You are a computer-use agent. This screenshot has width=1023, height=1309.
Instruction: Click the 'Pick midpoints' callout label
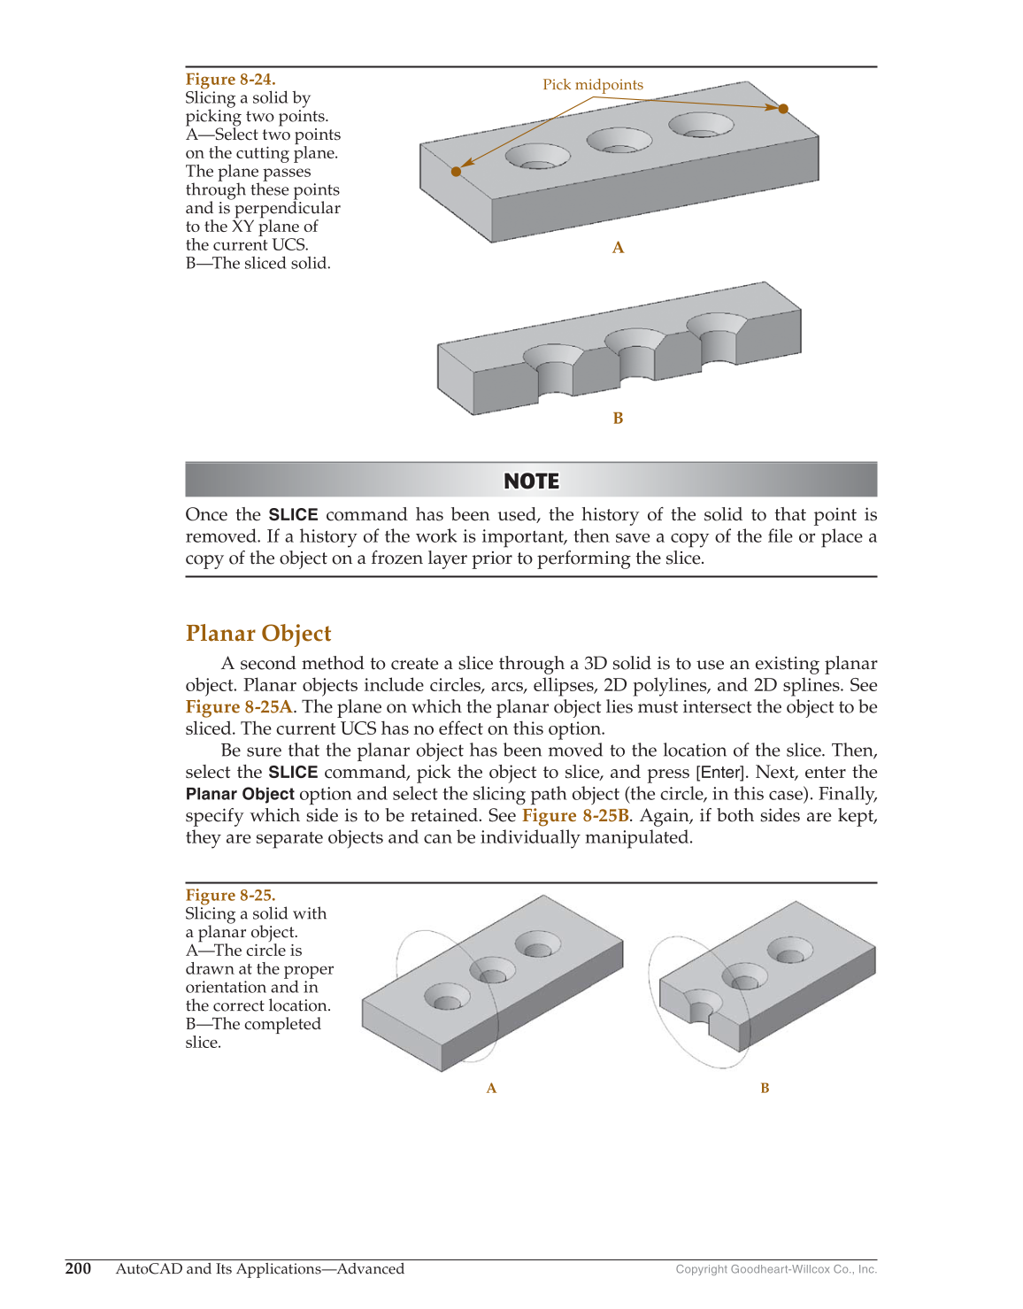[592, 85]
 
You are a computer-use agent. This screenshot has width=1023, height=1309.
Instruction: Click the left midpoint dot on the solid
[456, 172]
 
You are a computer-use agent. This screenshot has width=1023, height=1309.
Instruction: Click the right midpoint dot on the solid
[783, 109]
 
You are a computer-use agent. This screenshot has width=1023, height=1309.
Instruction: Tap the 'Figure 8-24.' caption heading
[230, 80]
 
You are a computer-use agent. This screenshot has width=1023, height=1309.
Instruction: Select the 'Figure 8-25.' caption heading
[230, 895]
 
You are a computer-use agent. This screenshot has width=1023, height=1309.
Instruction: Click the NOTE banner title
[531, 481]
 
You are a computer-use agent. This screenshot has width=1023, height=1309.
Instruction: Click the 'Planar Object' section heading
[258, 634]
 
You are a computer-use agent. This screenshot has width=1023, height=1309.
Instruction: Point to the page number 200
[78, 1268]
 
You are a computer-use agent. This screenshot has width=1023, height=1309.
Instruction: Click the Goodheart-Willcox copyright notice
[776, 1269]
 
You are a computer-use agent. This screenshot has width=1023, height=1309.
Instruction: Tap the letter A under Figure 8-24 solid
[618, 249]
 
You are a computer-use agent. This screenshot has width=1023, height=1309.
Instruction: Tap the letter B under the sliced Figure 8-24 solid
[618, 419]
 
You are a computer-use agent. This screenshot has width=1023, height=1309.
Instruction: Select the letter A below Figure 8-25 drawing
[491, 1089]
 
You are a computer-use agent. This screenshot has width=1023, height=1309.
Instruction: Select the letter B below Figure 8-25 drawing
[765, 1089]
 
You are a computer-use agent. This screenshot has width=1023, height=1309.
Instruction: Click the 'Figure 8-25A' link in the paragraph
[239, 707]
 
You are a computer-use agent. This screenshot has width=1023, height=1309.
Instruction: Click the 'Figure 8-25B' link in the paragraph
[575, 816]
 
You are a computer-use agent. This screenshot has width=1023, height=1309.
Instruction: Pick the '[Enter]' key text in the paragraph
[720, 773]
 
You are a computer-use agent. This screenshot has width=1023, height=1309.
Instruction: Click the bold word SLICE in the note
[293, 515]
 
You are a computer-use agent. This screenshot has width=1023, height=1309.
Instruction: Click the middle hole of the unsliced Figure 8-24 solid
[619, 141]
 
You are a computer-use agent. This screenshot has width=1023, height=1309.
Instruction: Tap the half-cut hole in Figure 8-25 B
[702, 1010]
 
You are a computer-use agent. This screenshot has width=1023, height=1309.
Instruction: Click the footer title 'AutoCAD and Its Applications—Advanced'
[259, 1268]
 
